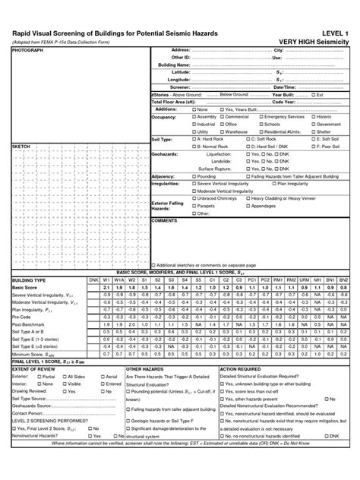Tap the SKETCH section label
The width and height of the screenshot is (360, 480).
(21, 145)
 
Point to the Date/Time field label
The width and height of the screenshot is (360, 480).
(284, 87)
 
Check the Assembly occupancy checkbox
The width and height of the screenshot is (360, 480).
(193, 117)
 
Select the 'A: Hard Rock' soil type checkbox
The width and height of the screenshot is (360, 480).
(193, 139)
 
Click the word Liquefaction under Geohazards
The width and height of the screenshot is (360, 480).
(217, 153)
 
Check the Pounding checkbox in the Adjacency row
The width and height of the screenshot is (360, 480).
(193, 175)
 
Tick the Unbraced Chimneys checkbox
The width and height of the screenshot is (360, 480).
(193, 198)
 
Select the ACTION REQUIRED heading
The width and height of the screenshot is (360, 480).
(241, 368)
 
